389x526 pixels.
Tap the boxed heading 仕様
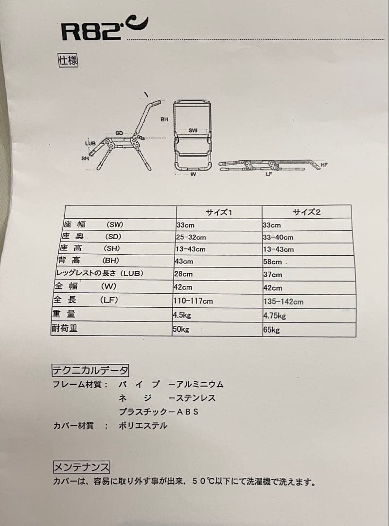click(68, 61)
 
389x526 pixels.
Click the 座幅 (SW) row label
click(93, 225)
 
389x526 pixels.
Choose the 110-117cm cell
click(193, 301)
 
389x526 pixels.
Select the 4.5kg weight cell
click(182, 315)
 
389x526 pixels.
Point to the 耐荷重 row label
click(65, 328)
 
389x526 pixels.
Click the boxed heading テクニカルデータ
click(90, 370)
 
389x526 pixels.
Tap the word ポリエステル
click(143, 425)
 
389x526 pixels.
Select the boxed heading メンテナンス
click(81, 468)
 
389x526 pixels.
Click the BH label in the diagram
click(164, 119)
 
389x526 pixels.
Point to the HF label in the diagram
click(324, 165)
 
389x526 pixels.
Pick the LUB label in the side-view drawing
click(90, 143)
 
